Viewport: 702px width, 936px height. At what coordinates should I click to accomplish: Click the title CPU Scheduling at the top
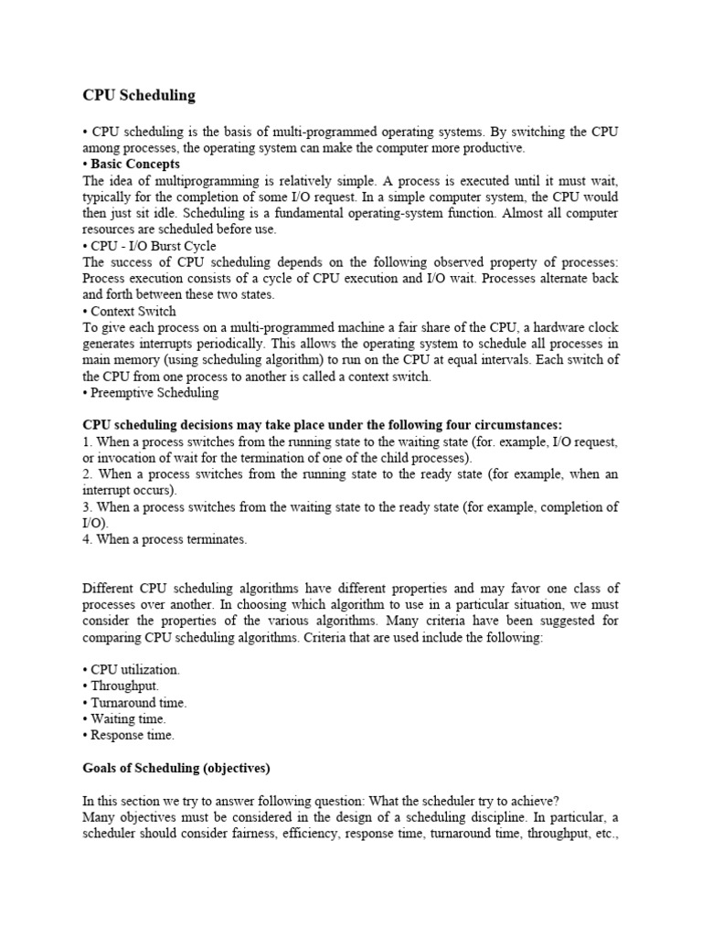[139, 95]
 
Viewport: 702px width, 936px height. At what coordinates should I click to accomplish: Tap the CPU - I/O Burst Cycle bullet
[149, 245]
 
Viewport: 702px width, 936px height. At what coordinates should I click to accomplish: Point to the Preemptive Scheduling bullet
[151, 392]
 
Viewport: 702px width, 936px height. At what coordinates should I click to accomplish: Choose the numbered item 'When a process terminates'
[165, 539]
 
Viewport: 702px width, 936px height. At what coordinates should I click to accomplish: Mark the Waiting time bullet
[125, 718]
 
